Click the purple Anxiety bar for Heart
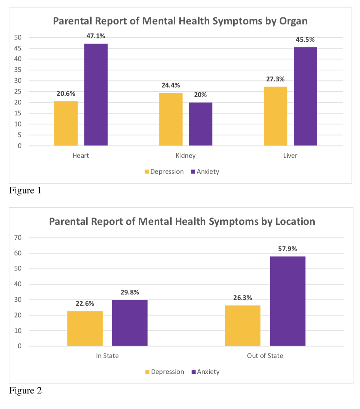(96, 95)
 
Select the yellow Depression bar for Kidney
(171, 119)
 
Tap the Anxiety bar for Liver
(305, 96)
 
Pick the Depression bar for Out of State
(243, 326)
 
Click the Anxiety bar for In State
(130, 323)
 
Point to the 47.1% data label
(96, 36)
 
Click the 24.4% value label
(171, 85)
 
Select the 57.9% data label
(288, 249)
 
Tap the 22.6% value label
(85, 303)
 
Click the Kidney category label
(186, 156)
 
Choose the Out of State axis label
(265, 356)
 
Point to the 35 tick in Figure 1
(18, 70)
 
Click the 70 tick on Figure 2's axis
(18, 237)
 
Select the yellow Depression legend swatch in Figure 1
(147, 172)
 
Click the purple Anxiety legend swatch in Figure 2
(193, 372)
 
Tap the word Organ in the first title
(293, 21)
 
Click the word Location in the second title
(295, 222)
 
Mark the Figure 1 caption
(25, 190)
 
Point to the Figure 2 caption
(25, 391)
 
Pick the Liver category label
(290, 156)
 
